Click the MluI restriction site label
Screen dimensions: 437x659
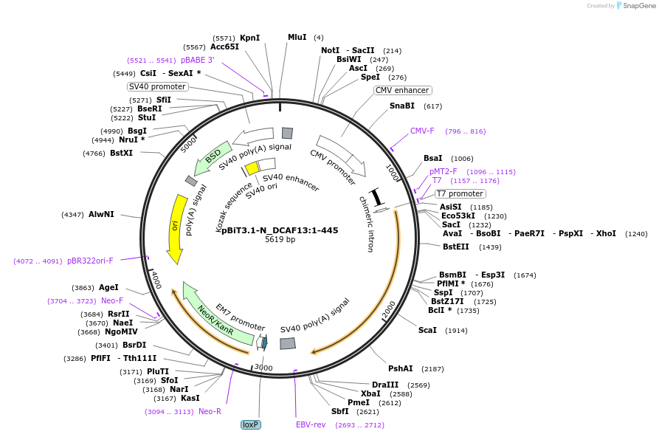pyautogui.click(x=297, y=37)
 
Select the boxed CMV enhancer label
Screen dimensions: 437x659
pyautogui.click(x=401, y=90)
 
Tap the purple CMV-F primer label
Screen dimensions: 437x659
pyautogui.click(x=422, y=131)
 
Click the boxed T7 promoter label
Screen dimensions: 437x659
pyautogui.click(x=460, y=193)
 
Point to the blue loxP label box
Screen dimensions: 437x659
pyautogui.click(x=251, y=424)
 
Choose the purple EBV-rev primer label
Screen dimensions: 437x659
pyautogui.click(x=311, y=424)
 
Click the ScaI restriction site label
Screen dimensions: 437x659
pyautogui.click(x=427, y=330)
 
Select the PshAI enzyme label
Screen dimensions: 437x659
pyautogui.click(x=400, y=368)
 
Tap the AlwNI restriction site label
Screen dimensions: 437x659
pyautogui.click(x=101, y=214)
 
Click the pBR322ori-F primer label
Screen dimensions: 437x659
pyautogui.click(x=90, y=261)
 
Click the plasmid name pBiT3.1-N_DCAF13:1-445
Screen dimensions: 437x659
pyautogui.click(x=280, y=230)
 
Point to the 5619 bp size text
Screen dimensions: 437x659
pyautogui.click(x=280, y=240)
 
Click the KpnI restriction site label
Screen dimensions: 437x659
pyautogui.click(x=249, y=38)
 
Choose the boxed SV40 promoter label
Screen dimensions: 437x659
pyautogui.click(x=157, y=86)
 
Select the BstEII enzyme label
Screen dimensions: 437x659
pyautogui.click(x=456, y=247)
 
